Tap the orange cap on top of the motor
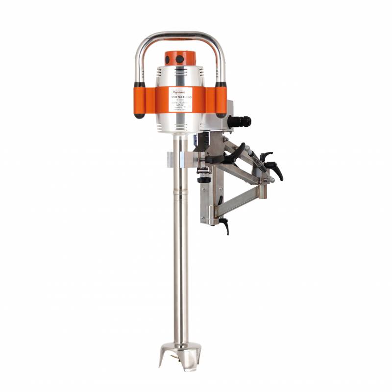pyautogui.click(x=180, y=58)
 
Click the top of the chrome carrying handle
pyautogui.click(x=180, y=35)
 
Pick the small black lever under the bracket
pyautogui.click(x=226, y=226)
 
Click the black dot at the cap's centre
pyautogui.click(x=180, y=59)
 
